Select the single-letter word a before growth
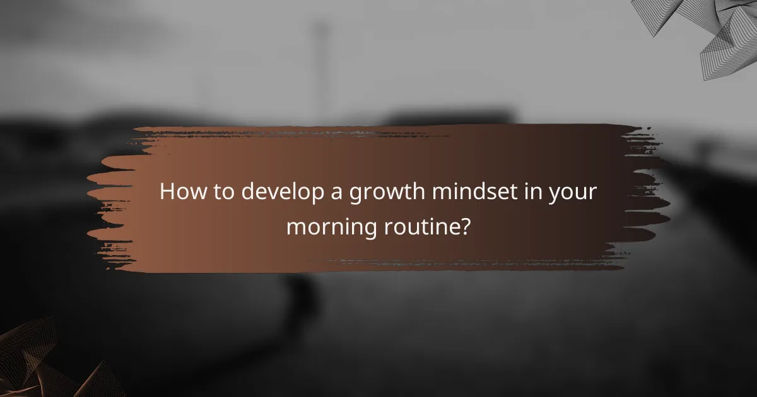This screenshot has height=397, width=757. pos(334,193)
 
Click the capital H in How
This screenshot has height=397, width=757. pos(167,192)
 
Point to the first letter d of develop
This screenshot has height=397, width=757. pos(248,192)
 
